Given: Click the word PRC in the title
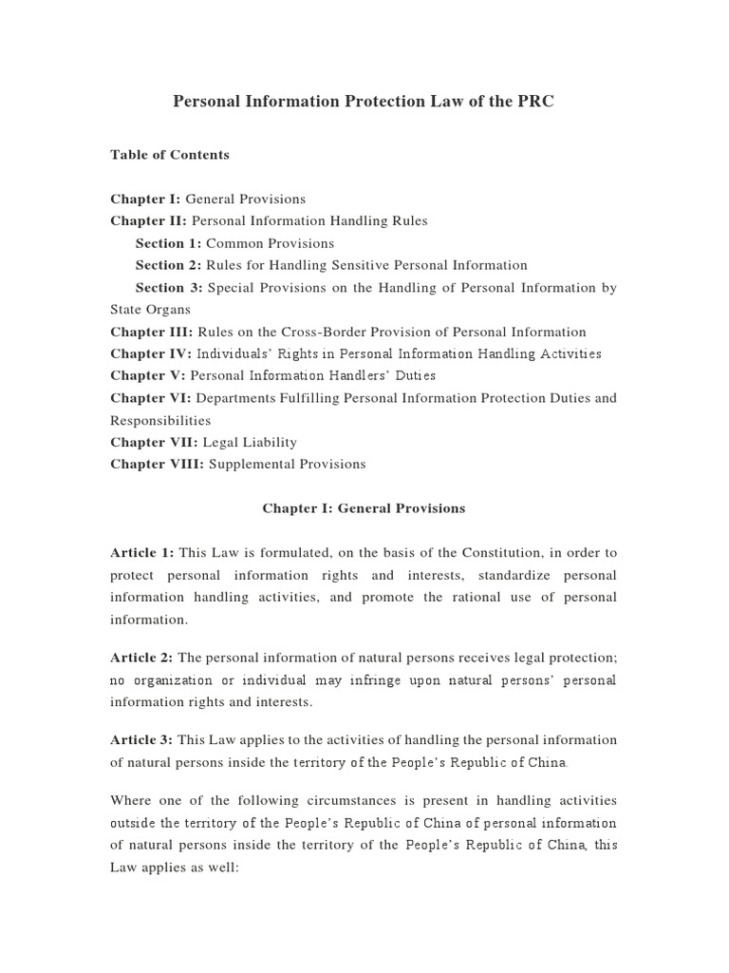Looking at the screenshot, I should [x=535, y=102].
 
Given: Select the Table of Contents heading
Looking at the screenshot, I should [x=170, y=155].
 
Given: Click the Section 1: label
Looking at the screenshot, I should [x=169, y=243].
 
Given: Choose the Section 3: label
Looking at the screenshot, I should [x=169, y=288].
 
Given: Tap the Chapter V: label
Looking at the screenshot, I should [x=148, y=376].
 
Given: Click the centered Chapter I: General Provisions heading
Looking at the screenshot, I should [x=364, y=508].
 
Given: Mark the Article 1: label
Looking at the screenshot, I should [x=142, y=553].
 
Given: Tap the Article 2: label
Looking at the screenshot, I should [x=142, y=658].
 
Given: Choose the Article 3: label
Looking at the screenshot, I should [x=142, y=740].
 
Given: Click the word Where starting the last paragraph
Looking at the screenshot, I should [x=131, y=801].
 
